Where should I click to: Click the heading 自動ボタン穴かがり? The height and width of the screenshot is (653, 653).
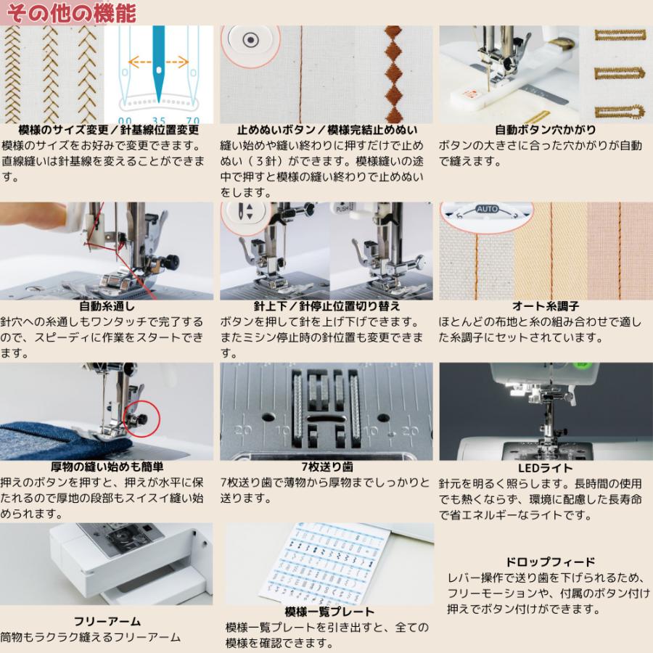click(x=541, y=131)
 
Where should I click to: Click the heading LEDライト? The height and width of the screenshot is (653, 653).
click(x=542, y=469)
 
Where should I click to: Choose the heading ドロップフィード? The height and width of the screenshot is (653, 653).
click(x=550, y=562)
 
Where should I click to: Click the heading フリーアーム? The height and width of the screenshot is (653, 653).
click(x=107, y=622)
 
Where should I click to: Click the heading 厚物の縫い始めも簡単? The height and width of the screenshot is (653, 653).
click(x=107, y=467)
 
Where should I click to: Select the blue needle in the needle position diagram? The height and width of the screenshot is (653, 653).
click(x=157, y=58)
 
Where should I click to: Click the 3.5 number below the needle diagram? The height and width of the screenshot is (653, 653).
click(x=157, y=119)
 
